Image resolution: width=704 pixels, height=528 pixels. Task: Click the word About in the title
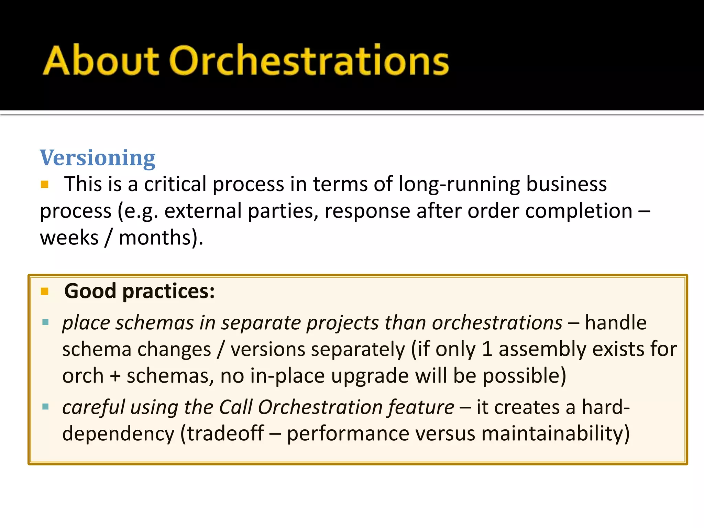tap(100, 61)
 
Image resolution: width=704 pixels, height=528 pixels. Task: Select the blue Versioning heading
tap(98, 158)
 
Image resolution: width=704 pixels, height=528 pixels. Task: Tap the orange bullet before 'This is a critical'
tap(45, 185)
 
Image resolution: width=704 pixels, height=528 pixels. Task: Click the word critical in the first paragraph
tap(175, 184)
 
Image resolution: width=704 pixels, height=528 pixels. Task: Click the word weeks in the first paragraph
tap(69, 238)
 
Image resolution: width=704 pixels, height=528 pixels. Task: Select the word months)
tap(161, 238)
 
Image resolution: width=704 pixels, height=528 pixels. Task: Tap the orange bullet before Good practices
tap(45, 291)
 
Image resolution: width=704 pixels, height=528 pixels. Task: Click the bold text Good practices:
tap(139, 291)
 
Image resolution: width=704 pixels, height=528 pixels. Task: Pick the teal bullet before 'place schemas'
tap(45, 322)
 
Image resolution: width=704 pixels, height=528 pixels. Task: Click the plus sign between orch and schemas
tap(115, 376)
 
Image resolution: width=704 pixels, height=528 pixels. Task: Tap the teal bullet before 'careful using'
tap(45, 407)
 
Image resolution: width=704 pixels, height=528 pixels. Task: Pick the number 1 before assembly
tap(487, 349)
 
